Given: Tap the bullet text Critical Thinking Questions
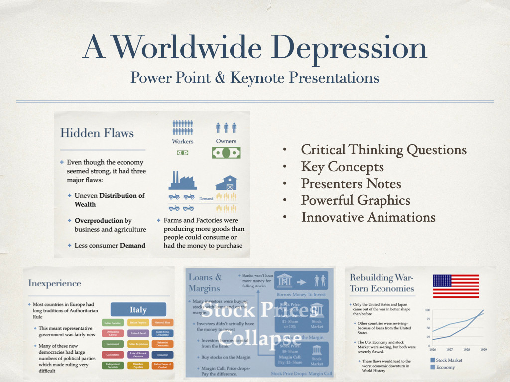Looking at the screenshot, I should (x=384, y=150).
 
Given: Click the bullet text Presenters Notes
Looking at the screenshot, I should (x=351, y=184).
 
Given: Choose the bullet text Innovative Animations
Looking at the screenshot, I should (x=369, y=217).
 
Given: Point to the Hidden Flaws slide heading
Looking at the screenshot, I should (x=97, y=133).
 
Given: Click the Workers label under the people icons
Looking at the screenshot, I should (x=182, y=142).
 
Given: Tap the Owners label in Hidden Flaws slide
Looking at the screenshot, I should (x=226, y=141).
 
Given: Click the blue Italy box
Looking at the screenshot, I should (x=138, y=310).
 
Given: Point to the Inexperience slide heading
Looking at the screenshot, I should (x=55, y=283).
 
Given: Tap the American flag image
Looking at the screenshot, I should (x=455, y=286).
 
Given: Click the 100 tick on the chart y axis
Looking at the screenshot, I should (x=427, y=310).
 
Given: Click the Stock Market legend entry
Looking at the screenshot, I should (x=449, y=360).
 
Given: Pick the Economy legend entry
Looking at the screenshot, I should (x=446, y=367).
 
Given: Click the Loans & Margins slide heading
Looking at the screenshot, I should (x=205, y=282).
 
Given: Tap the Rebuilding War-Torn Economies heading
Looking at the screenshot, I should (x=382, y=283).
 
